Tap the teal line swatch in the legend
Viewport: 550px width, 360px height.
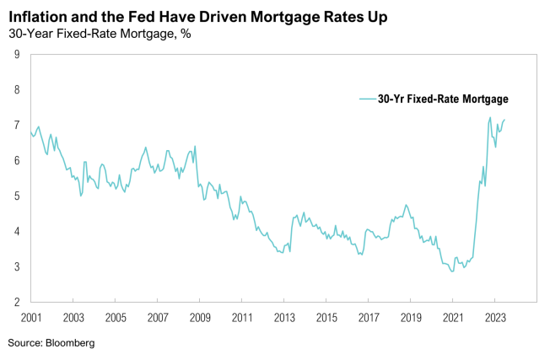(x=367, y=99)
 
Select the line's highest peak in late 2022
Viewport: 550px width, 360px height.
(x=490, y=117)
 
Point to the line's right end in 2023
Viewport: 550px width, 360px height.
(x=504, y=120)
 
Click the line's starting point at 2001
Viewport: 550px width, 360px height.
(x=31, y=132)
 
